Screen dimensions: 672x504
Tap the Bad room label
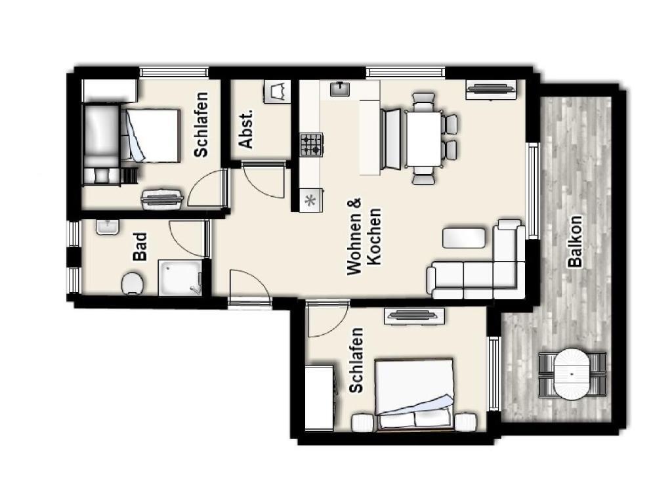(x=140, y=247)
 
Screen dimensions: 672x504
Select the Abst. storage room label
(x=246, y=129)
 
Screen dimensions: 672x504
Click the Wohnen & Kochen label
(x=364, y=236)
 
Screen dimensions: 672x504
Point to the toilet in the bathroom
(x=133, y=283)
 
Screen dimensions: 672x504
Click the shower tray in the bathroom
(x=180, y=278)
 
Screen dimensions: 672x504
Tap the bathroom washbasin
(x=108, y=227)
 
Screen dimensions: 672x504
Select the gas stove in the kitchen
(x=311, y=144)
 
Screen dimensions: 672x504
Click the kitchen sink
(x=341, y=89)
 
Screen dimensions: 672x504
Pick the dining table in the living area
(x=423, y=139)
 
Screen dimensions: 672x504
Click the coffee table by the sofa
(x=464, y=238)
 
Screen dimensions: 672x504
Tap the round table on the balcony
(x=572, y=374)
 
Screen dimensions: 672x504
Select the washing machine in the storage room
(x=275, y=92)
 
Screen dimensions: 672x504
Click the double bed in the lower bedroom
(x=414, y=394)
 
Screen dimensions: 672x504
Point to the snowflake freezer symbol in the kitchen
(x=310, y=201)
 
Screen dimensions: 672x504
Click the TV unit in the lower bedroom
(x=415, y=316)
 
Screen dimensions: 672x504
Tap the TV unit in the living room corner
(x=491, y=89)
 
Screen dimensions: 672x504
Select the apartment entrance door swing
(x=250, y=287)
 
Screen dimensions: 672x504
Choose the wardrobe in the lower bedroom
(x=320, y=397)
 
